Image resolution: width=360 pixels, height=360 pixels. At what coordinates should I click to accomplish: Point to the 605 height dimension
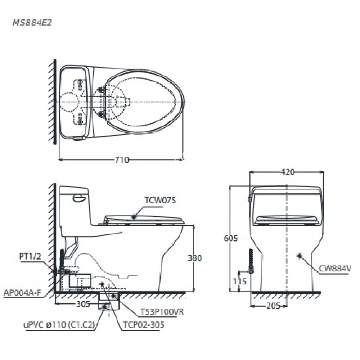[230, 238]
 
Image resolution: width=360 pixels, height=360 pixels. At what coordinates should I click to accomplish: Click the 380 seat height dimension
[195, 258]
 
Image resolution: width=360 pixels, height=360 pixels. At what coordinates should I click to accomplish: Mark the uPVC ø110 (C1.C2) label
[58, 325]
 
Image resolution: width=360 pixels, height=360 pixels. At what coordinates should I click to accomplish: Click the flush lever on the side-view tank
[78, 197]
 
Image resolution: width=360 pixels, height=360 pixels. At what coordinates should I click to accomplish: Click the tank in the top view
[73, 102]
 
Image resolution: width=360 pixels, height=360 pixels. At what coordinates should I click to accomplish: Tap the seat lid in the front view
[286, 219]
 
